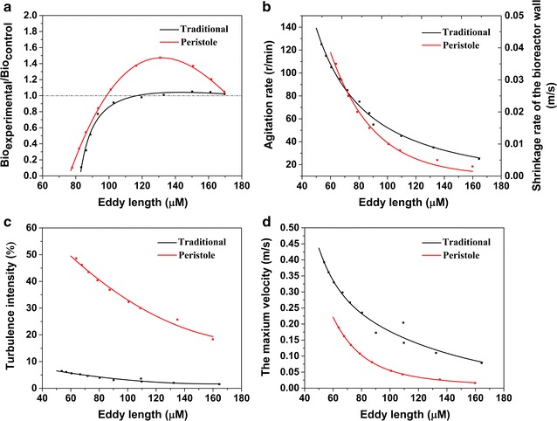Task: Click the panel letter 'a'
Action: pyautogui.click(x=7, y=7)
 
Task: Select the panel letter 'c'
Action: pyautogui.click(x=7, y=219)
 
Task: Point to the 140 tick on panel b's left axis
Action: pyautogui.click(x=321, y=27)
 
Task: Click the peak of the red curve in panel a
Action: pyautogui.click(x=160, y=58)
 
